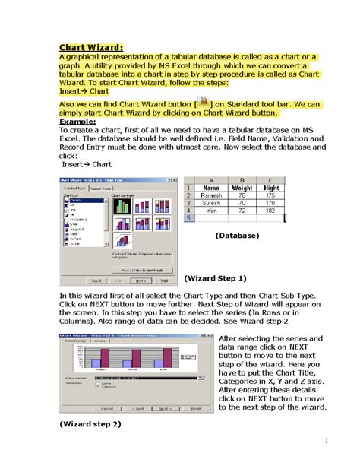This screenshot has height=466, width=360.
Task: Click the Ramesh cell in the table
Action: coord(211,195)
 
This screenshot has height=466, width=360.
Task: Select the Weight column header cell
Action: coord(243,187)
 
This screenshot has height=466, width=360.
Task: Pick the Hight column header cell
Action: coord(271,187)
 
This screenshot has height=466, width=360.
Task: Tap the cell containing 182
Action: coord(271,211)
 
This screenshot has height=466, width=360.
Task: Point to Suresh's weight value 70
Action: coord(243,203)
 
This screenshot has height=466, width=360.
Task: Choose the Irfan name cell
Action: coord(211,211)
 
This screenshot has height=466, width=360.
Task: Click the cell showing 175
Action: coord(271,195)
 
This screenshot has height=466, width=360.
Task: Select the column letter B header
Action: coord(243,179)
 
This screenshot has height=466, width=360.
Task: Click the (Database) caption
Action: coord(237,236)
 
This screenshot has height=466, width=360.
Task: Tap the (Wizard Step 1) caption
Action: coord(216,278)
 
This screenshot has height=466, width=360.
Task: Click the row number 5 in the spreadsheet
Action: coord(188,218)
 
